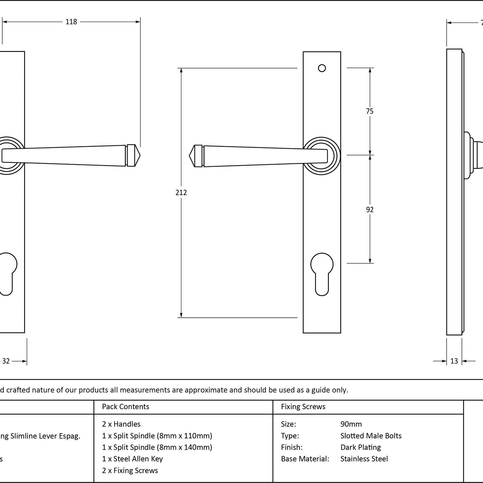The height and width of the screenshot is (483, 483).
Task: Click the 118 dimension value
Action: click(x=71, y=22)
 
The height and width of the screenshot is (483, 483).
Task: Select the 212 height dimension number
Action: click(x=181, y=192)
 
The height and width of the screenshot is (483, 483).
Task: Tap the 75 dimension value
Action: click(x=370, y=111)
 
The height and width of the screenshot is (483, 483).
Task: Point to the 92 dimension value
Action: click(x=370, y=210)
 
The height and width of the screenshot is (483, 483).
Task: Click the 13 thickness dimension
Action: click(x=454, y=361)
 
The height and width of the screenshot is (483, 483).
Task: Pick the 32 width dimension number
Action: click(x=6, y=361)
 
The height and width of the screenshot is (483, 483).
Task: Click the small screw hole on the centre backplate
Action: click(x=322, y=68)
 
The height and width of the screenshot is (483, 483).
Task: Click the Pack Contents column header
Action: click(x=125, y=407)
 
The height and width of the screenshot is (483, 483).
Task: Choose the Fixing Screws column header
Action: click(x=303, y=407)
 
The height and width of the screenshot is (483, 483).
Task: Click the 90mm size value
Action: click(x=351, y=424)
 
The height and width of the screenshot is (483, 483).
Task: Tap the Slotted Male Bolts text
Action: click(x=371, y=436)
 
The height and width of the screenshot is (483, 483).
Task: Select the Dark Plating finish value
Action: click(x=360, y=447)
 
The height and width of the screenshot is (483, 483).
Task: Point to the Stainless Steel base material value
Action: click(x=364, y=459)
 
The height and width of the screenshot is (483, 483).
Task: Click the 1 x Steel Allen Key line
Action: click(x=132, y=459)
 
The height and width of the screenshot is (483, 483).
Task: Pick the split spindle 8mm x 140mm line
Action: click(x=157, y=447)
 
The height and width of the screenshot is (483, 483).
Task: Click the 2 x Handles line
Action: click(x=121, y=424)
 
